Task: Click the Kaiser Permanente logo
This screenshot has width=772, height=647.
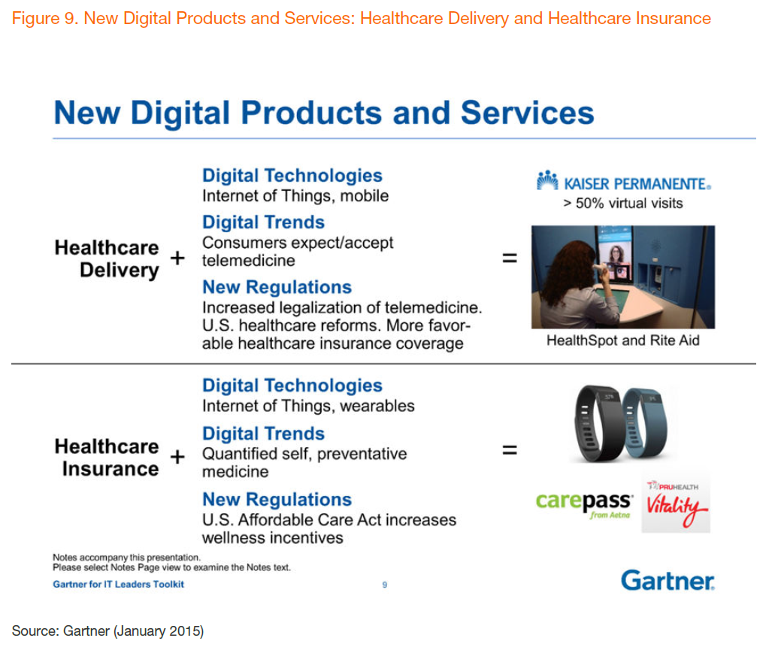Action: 624,182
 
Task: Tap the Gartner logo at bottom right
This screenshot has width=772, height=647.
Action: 668,581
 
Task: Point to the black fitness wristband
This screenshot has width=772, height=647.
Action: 597,423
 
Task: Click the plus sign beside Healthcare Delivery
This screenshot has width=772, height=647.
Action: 177,258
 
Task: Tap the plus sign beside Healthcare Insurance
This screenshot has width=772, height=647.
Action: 177,457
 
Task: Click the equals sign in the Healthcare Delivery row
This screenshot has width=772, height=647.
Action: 510,257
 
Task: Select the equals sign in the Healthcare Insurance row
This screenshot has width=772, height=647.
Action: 510,449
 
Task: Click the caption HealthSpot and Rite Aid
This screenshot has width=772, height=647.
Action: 623,340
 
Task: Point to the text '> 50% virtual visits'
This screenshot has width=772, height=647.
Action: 623,203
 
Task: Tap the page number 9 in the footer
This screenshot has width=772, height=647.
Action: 385,585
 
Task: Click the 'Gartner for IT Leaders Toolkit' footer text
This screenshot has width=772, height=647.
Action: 118,584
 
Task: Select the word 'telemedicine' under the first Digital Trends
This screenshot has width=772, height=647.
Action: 249,260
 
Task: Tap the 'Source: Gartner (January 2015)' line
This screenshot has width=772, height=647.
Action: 107,630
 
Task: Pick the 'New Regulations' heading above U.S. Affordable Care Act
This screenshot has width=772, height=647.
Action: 277,499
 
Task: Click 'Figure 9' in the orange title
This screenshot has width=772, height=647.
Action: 43,19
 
